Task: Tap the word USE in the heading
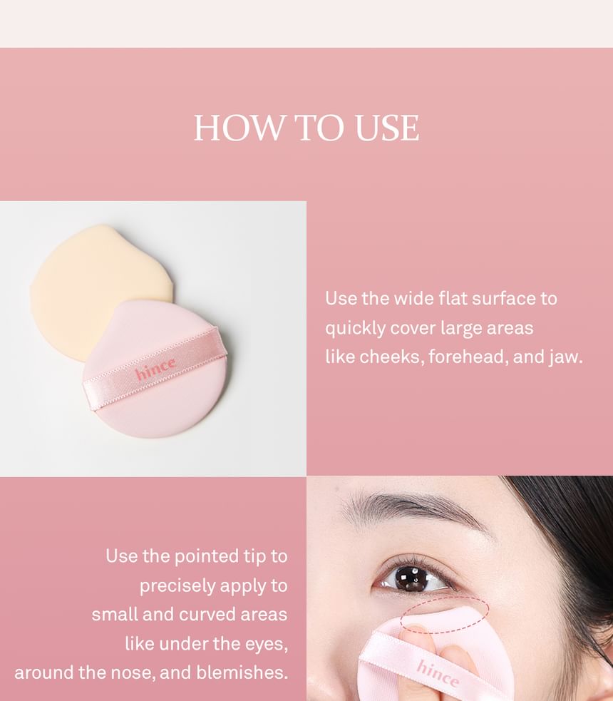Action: pos(387,128)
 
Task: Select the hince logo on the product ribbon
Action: pos(155,369)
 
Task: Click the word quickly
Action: pos(355,329)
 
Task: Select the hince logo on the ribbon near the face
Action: pos(437,673)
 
